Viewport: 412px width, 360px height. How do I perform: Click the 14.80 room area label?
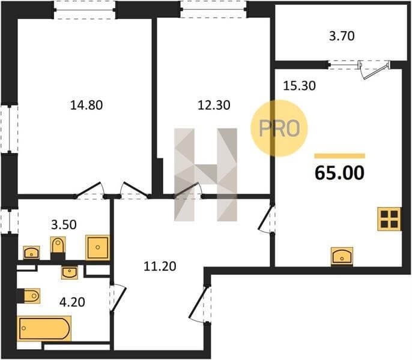86,105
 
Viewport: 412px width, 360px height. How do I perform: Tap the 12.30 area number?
214,105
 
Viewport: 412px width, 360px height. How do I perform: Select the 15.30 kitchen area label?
299,86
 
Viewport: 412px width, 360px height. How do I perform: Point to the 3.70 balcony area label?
342,36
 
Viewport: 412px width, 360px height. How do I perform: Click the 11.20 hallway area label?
160,266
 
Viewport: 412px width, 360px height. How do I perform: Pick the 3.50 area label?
64,225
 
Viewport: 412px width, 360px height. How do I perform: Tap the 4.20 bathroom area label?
72,302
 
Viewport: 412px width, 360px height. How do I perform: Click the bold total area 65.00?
339,173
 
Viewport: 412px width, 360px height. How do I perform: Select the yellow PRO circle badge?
279,128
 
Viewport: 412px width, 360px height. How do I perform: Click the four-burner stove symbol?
389,219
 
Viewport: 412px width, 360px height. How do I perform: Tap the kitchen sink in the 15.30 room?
342,256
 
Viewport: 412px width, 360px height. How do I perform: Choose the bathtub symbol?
44,328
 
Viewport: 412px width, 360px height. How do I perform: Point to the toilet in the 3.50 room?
58,247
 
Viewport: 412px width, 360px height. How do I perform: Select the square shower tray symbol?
97,248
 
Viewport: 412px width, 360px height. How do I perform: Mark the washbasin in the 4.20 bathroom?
70,272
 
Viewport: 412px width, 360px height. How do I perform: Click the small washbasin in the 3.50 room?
31,253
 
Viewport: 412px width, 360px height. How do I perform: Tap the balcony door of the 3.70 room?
374,69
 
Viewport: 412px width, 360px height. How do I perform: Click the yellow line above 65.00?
340,156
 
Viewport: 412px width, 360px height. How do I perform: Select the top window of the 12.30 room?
213,9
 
